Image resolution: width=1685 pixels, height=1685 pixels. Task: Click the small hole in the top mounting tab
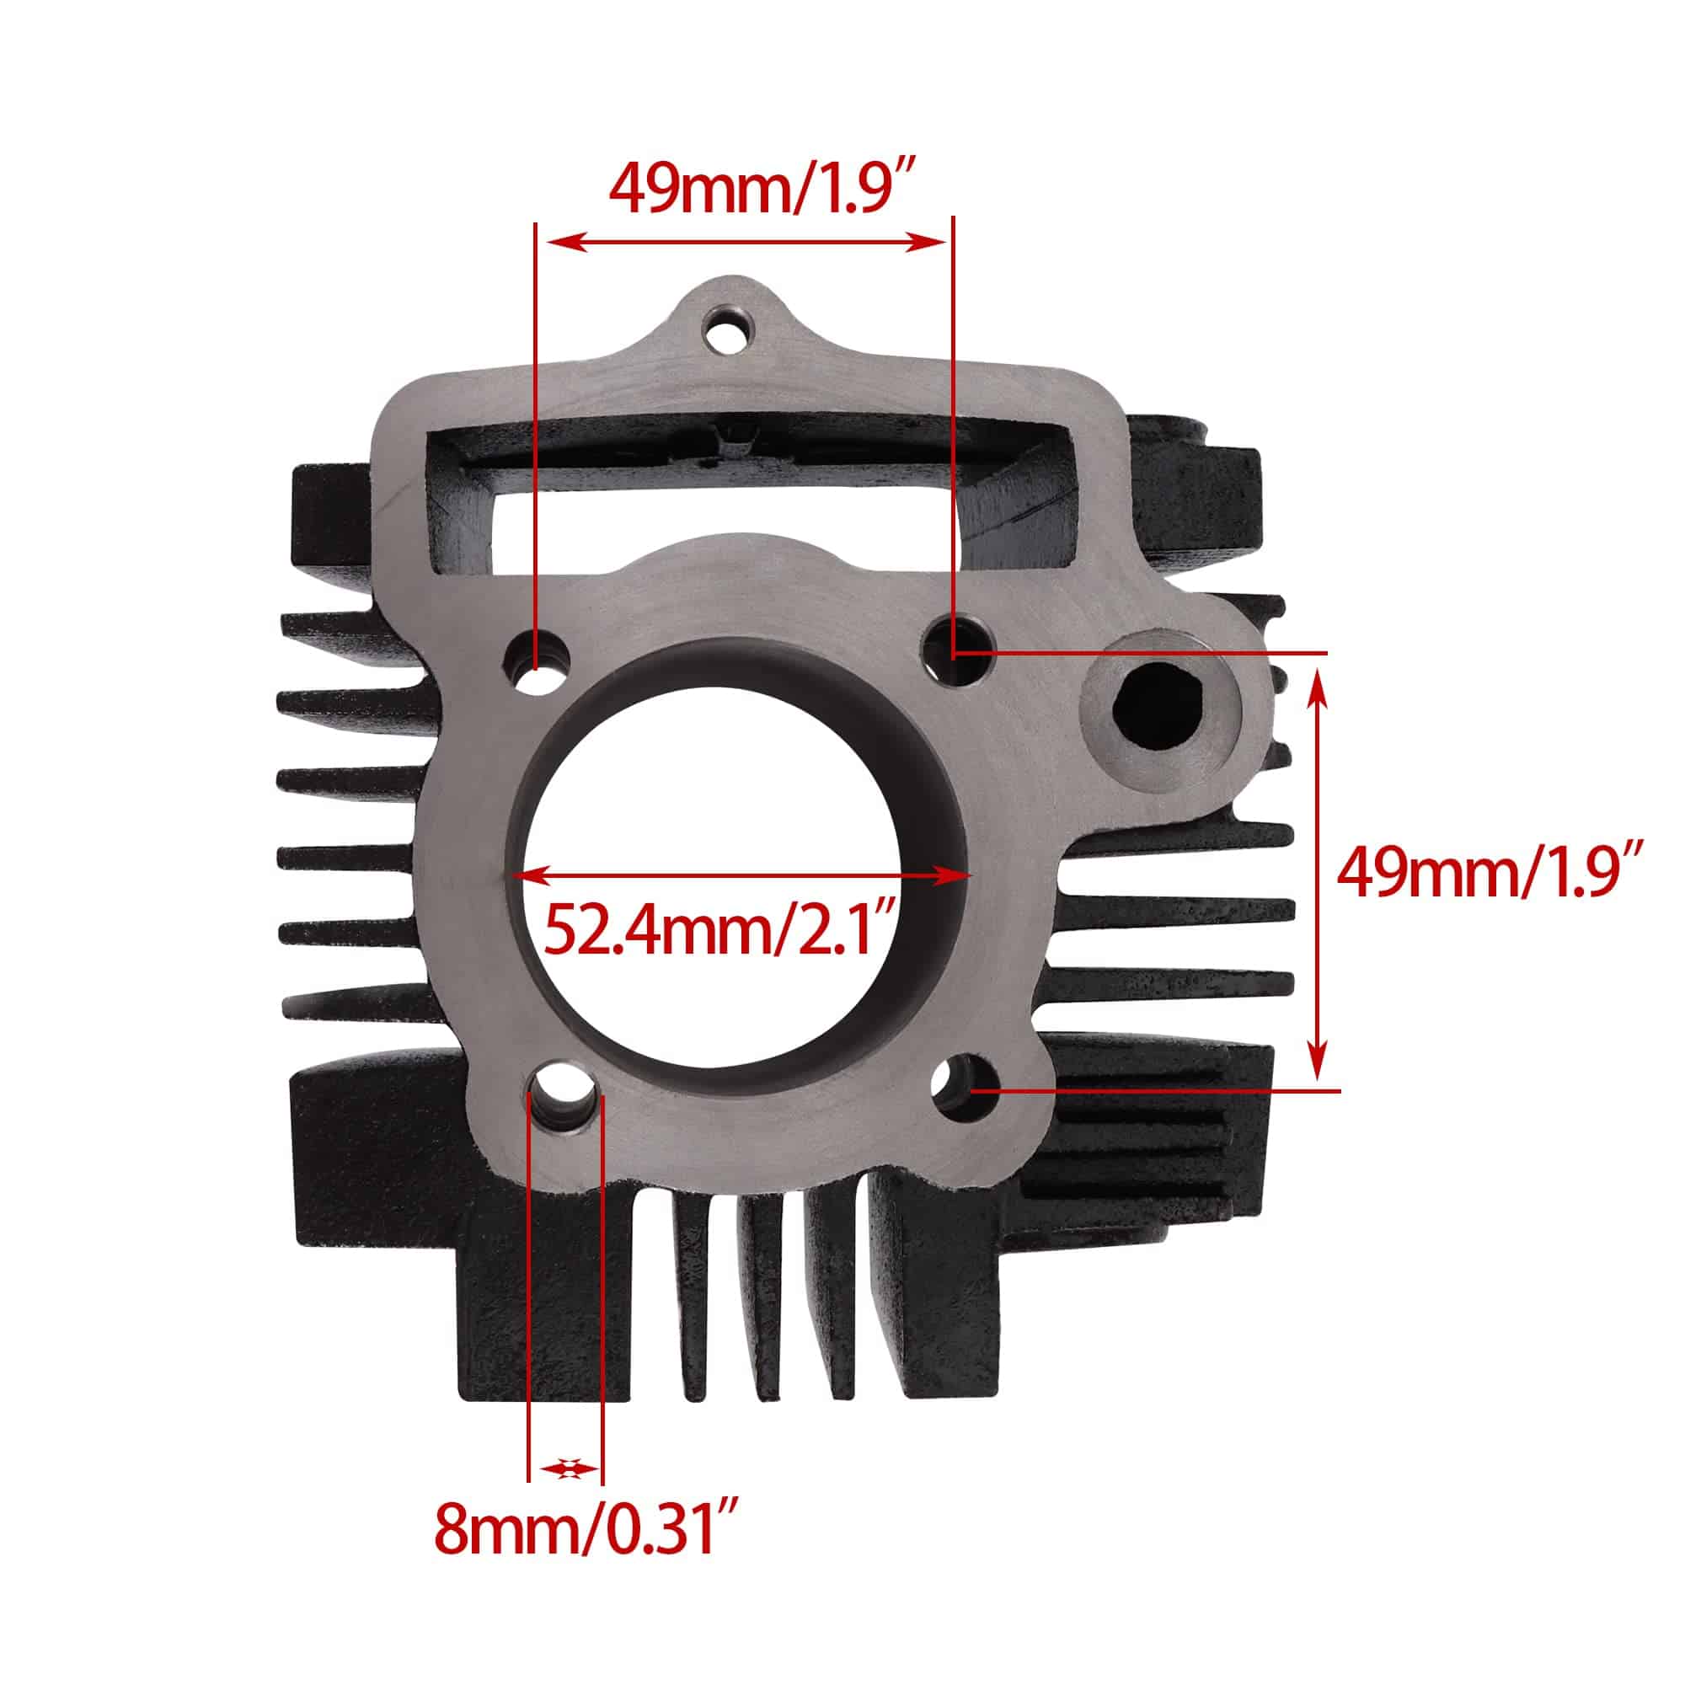(727, 334)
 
